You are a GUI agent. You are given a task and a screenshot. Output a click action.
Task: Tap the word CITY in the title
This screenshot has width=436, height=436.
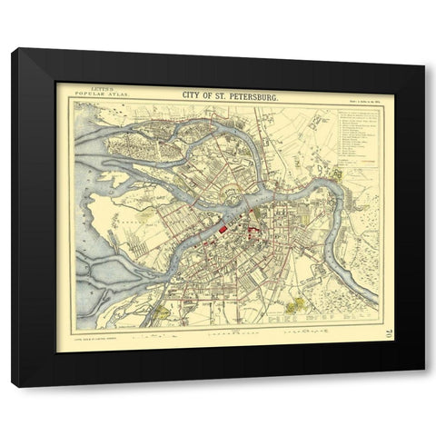194,94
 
